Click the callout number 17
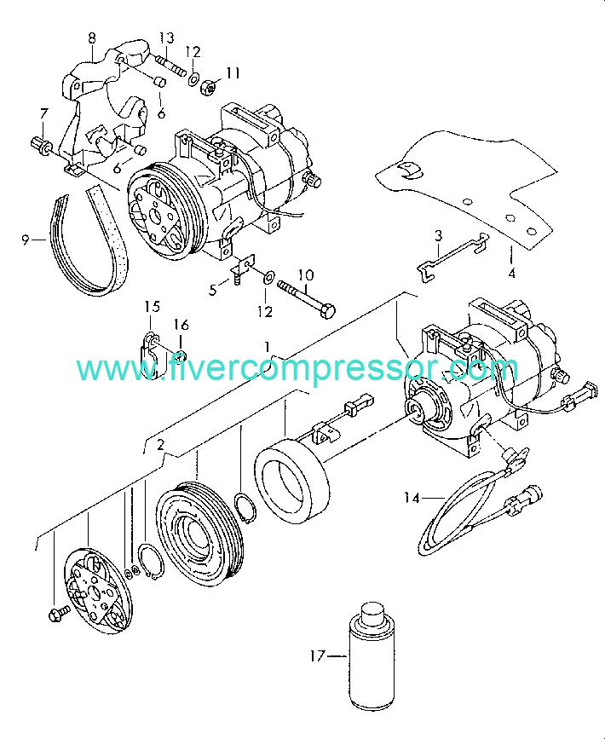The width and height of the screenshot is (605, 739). tap(318, 656)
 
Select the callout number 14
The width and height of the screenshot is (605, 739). tap(412, 498)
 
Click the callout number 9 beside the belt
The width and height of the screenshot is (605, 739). tap(26, 240)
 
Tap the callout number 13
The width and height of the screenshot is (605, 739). tap(166, 38)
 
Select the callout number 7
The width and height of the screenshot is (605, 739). tap(43, 113)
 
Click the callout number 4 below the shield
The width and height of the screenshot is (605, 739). tap(511, 273)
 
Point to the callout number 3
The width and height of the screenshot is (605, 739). tap(438, 235)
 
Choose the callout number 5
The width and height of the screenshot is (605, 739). tap(213, 290)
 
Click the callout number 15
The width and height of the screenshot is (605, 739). tap(153, 306)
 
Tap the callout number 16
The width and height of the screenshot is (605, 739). tap(181, 325)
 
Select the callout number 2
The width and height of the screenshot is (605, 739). tap(160, 445)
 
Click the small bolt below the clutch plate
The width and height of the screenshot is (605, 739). tap(59, 614)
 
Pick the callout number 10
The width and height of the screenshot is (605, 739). tap(306, 274)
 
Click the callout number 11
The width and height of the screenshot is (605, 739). tap(233, 73)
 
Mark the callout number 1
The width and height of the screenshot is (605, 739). tap(268, 348)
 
